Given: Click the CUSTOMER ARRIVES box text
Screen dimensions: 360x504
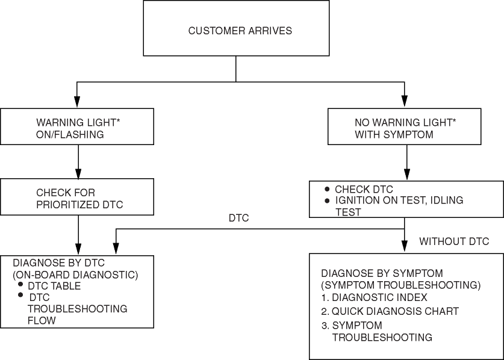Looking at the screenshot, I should click(x=240, y=31).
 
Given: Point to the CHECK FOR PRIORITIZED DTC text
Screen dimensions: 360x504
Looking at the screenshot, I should click(x=79, y=199).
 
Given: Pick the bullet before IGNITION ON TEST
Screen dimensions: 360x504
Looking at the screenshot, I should click(x=327, y=200).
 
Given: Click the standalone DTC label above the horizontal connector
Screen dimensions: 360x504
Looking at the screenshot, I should click(x=238, y=219).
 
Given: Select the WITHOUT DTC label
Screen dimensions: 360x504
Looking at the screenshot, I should click(x=454, y=241).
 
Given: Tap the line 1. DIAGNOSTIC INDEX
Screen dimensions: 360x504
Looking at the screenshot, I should click(x=374, y=297).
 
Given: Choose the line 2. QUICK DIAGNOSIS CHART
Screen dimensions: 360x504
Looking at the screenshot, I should click(x=390, y=311).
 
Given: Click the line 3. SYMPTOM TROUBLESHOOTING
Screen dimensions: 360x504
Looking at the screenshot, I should click(x=377, y=332).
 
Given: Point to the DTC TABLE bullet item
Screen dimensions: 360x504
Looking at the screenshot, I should click(x=54, y=286).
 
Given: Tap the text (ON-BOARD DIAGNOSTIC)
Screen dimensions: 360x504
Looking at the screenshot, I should click(x=76, y=275).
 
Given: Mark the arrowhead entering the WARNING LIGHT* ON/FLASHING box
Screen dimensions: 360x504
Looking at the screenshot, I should click(x=77, y=104).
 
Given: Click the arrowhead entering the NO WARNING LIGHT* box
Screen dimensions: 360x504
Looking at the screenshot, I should click(x=405, y=104).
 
